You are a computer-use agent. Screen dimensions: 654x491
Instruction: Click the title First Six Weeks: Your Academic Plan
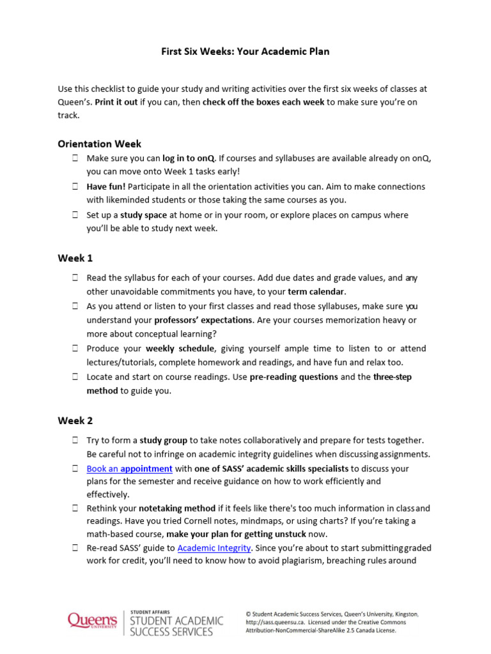[x=245, y=51]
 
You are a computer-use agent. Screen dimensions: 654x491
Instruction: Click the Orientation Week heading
[x=100, y=144]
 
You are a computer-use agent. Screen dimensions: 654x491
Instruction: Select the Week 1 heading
[x=75, y=258]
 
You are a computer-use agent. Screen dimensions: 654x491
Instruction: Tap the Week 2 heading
[x=75, y=420]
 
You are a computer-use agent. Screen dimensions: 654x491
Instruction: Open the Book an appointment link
[x=129, y=469]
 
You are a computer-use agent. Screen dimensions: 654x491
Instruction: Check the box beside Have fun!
[x=75, y=187]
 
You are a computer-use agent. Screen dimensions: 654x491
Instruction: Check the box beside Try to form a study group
[x=75, y=441]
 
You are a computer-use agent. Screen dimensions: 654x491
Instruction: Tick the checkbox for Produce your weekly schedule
[x=75, y=349]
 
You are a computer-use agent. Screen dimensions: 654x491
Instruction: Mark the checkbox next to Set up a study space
[x=75, y=215]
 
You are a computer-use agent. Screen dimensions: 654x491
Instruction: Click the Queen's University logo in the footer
[x=93, y=620]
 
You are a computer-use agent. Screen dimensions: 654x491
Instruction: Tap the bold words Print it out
[x=116, y=102]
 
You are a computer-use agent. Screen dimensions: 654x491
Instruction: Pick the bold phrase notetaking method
[x=175, y=508]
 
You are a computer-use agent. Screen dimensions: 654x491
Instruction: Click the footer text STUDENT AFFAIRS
[x=151, y=612]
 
